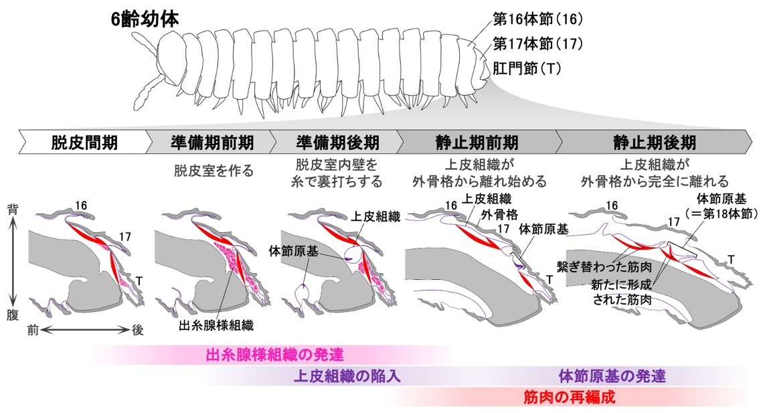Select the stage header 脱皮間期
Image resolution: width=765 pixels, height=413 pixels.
pyautogui.click(x=79, y=143)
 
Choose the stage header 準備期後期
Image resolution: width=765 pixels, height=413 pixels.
pyautogui.click(x=337, y=143)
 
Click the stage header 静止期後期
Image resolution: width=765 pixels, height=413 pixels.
pyautogui.click(x=655, y=143)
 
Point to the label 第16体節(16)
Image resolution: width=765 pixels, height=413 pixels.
pyautogui.click(x=537, y=19)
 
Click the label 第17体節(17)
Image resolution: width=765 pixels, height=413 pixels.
pyautogui.click(x=537, y=44)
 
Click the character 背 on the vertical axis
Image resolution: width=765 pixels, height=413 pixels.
pyautogui.click(x=13, y=209)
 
